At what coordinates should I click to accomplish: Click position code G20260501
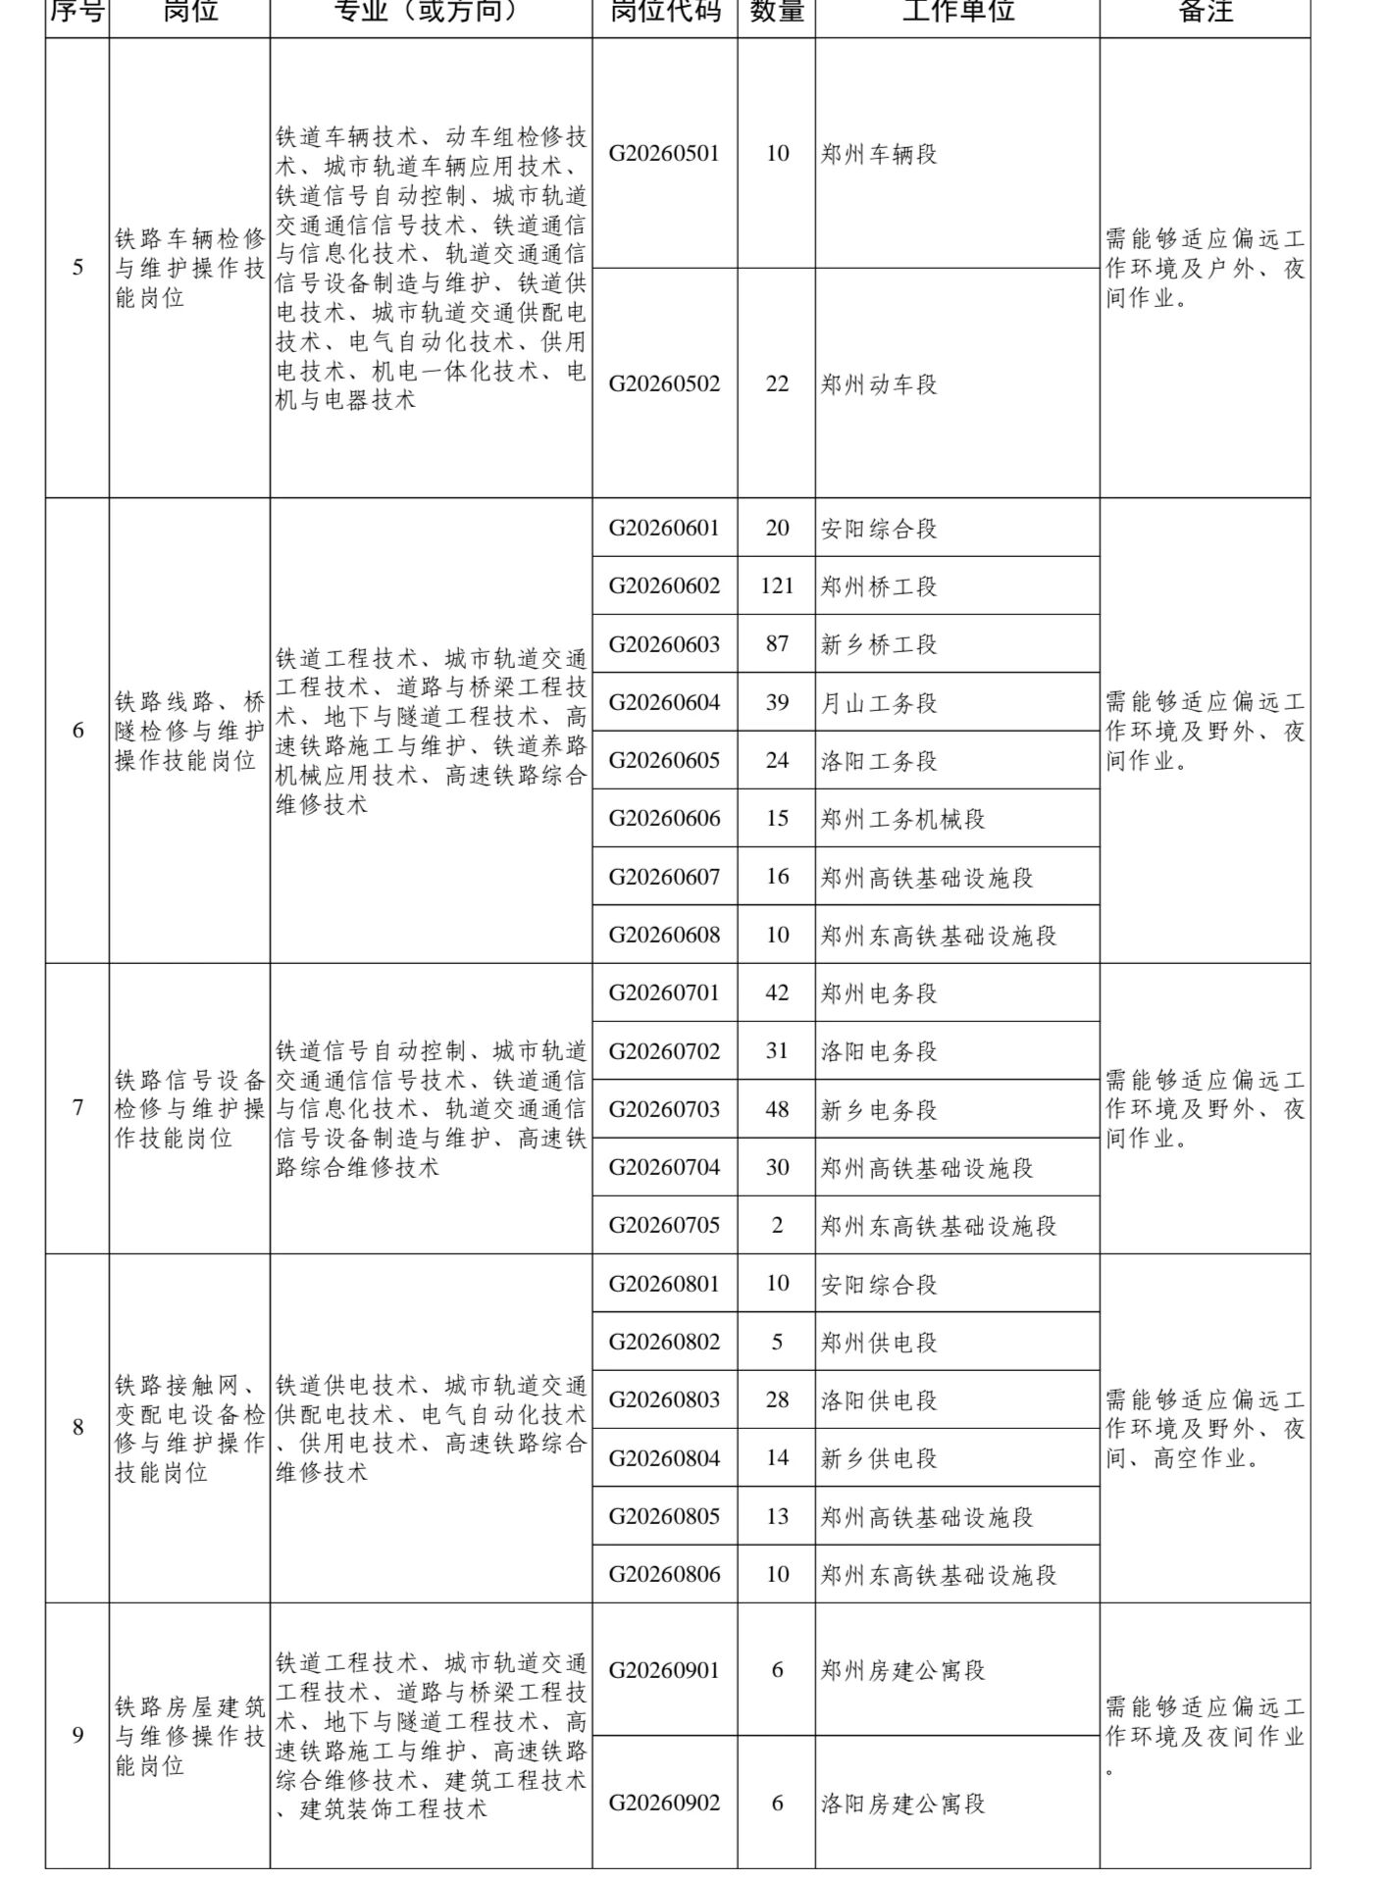click(x=664, y=154)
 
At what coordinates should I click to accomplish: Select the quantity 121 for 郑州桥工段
click(x=777, y=586)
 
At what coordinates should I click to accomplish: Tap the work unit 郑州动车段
click(x=879, y=384)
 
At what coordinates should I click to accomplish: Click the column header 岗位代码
click(x=664, y=13)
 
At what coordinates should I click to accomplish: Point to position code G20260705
click(x=664, y=1226)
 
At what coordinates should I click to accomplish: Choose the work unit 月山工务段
click(x=879, y=703)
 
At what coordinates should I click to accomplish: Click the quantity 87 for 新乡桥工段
click(x=777, y=644)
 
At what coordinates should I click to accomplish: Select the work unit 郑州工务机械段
click(x=902, y=819)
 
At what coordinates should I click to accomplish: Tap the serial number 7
click(x=77, y=1108)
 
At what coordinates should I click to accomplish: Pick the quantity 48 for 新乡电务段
click(x=777, y=1109)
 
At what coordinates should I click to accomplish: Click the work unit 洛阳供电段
click(x=879, y=1400)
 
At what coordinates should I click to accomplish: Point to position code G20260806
click(x=664, y=1575)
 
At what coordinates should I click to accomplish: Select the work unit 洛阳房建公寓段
click(x=902, y=1804)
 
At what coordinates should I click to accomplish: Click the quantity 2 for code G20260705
click(x=777, y=1226)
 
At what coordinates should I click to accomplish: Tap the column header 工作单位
click(x=957, y=13)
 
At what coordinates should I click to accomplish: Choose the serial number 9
click(x=77, y=1735)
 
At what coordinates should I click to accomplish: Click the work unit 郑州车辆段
click(x=879, y=154)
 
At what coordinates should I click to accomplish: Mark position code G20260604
click(x=664, y=703)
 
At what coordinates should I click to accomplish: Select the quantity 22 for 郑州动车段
click(x=777, y=384)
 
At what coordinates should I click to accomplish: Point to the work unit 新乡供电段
click(x=879, y=1458)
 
